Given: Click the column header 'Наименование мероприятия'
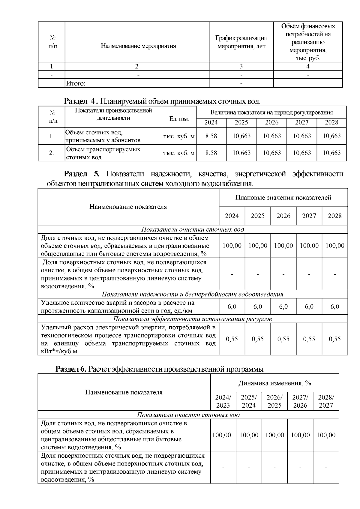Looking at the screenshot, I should [x=138, y=46].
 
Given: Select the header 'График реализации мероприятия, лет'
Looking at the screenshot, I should [x=241, y=42].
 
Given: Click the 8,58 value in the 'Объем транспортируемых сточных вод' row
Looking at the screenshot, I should [x=211, y=153].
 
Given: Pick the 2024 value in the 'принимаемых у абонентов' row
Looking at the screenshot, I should [x=211, y=136].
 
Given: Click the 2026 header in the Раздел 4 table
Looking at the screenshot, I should [x=271, y=122].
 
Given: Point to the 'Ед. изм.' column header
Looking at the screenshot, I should [x=179, y=119].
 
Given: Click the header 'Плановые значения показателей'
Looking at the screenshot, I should [x=283, y=198].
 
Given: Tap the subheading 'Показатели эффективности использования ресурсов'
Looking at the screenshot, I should [x=192, y=319].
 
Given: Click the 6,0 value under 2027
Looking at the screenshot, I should [x=309, y=307].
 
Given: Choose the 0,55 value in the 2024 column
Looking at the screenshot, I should [x=232, y=339].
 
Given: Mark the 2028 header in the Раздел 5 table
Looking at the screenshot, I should [x=334, y=216].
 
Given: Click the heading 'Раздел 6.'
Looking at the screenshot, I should [x=71, y=369].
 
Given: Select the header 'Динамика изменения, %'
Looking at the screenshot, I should [x=274, y=383].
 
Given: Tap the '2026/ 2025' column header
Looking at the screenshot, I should [x=274, y=401].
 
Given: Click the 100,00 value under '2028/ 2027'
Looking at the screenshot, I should [x=326, y=435].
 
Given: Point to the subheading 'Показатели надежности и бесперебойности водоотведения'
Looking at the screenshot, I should [x=192, y=294].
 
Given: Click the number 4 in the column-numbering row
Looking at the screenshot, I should [x=308, y=66].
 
